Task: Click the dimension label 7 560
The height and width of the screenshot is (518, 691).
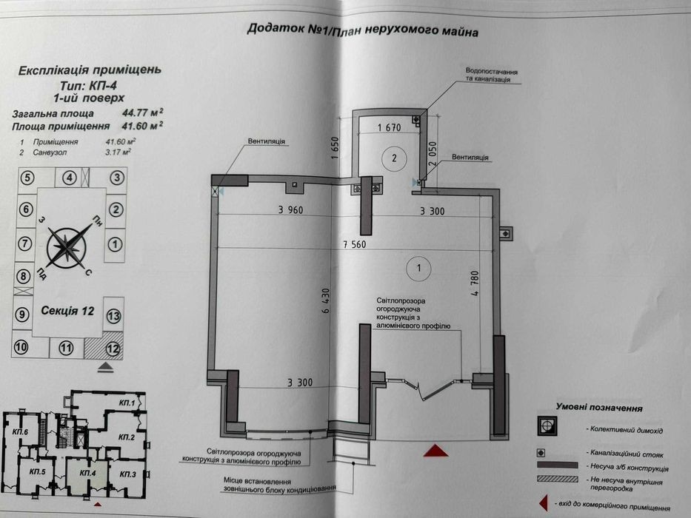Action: (x=355, y=244)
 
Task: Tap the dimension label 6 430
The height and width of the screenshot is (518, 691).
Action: (x=326, y=301)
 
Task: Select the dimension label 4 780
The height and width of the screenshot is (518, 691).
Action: (x=474, y=283)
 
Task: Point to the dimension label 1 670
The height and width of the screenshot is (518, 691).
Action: (x=389, y=128)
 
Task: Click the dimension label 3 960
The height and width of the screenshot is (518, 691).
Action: (x=290, y=209)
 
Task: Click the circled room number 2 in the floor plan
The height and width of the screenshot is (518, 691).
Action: (x=394, y=158)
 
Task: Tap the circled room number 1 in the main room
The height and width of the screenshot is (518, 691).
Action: (x=418, y=268)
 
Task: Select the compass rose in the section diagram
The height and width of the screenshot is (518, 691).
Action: (x=66, y=248)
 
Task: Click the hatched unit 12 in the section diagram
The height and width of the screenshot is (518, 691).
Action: (x=104, y=348)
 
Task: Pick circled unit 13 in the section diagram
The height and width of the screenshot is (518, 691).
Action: (x=114, y=316)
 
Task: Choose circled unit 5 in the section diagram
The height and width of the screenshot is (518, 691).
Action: (x=27, y=178)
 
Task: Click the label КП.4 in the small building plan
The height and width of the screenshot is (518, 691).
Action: (x=87, y=473)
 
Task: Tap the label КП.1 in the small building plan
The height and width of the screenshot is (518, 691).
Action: (x=127, y=403)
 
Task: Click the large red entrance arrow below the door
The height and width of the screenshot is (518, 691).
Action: (x=435, y=451)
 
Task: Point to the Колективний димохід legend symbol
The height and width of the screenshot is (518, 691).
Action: (x=547, y=426)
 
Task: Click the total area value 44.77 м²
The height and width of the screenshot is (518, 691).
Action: (x=142, y=112)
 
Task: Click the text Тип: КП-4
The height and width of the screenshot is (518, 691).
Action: (x=88, y=85)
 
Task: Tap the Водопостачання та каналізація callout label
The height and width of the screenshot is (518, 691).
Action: (x=491, y=75)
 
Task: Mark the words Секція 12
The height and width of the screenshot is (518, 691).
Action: (x=67, y=311)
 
